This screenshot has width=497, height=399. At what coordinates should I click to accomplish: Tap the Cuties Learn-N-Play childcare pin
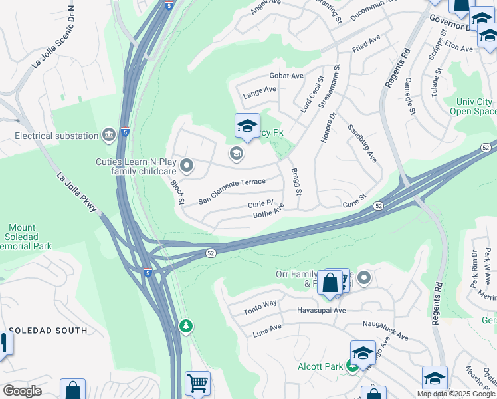click(x=187, y=166)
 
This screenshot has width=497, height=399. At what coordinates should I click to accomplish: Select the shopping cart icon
click(x=197, y=384)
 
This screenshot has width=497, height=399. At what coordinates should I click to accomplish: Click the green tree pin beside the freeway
click(x=187, y=325)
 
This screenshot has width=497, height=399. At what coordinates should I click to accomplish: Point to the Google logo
click(x=22, y=391)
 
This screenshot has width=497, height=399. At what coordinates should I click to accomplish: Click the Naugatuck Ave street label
click(x=385, y=331)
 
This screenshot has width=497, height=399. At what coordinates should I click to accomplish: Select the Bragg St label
click(x=296, y=182)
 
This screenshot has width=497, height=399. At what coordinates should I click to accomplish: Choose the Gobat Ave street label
click(x=286, y=76)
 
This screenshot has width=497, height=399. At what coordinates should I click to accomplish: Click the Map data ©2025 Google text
click(x=456, y=394)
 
